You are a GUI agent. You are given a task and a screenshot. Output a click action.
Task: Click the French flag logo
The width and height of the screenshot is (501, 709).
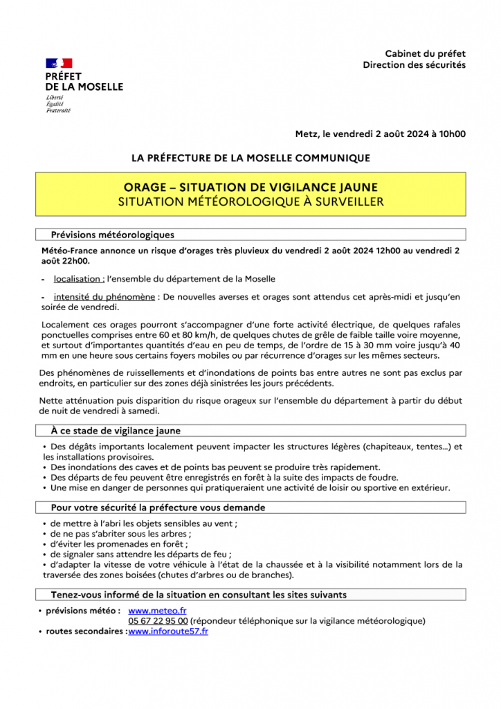pos(59,64)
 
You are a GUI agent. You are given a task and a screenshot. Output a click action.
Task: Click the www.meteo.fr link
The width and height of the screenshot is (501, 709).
pos(158,611)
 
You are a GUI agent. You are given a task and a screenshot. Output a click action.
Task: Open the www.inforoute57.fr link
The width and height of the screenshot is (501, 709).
pos(168,631)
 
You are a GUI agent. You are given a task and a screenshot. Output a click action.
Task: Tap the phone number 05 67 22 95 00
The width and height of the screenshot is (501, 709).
pos(158,621)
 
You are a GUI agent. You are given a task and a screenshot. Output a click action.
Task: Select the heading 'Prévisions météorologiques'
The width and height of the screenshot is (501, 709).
pos(113,235)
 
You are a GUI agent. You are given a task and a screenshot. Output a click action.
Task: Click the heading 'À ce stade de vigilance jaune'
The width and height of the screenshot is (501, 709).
pos(116,431)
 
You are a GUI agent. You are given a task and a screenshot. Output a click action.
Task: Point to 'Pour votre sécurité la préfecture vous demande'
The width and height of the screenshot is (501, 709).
pos(158,508)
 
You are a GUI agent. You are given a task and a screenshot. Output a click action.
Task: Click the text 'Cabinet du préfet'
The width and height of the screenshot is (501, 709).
pos(425,54)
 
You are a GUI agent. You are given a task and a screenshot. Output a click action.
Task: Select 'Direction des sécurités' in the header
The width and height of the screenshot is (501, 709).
pos(414,65)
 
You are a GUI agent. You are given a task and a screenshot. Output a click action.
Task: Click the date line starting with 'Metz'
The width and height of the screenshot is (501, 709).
pos(380,134)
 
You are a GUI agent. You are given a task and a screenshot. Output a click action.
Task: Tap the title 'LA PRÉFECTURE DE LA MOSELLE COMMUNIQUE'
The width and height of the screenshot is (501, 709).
pos(250,158)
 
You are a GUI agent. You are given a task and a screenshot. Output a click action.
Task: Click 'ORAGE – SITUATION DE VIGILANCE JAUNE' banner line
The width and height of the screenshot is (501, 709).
pos(250,188)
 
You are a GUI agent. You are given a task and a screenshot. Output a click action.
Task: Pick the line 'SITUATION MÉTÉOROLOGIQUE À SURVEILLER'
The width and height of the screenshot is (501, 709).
pos(250,201)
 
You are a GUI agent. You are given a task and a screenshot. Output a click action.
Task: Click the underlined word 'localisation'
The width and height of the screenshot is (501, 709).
pos(79,279)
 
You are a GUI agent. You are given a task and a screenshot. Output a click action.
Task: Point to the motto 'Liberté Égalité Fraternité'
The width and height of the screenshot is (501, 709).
pos(58,104)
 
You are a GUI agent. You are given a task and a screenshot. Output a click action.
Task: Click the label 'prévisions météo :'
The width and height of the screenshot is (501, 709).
pos(83,611)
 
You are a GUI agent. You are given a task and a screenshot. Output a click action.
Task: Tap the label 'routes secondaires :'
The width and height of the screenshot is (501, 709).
pos(86,631)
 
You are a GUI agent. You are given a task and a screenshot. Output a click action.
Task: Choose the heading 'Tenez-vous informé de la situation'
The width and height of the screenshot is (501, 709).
pos(199,595)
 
